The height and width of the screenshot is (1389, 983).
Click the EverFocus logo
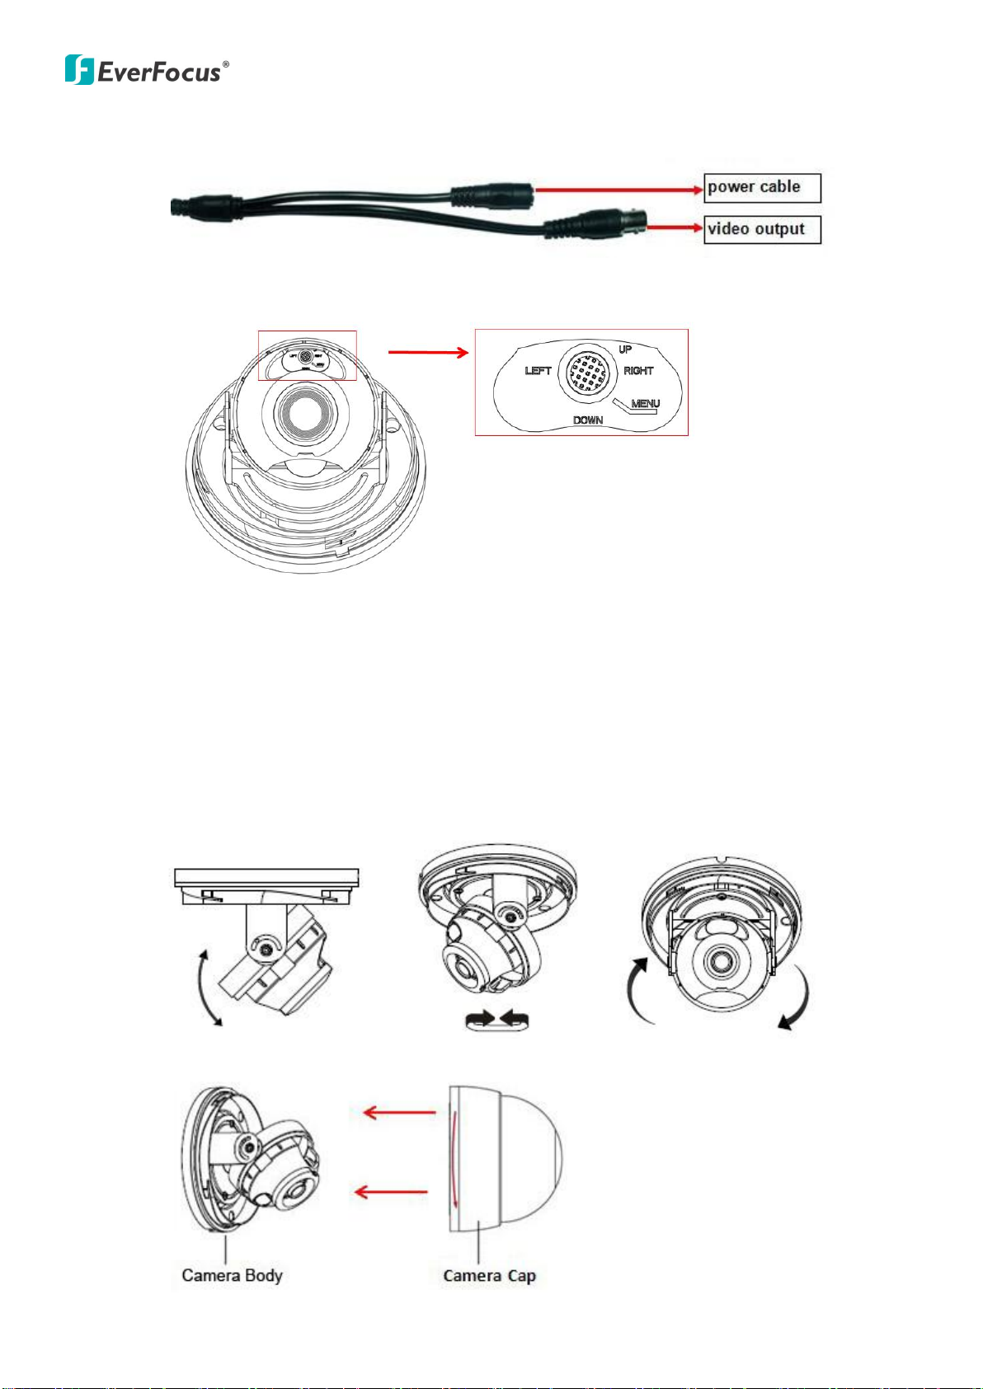[x=146, y=70]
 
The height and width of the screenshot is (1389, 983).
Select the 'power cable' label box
[x=762, y=188]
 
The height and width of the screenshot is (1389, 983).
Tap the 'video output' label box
[x=762, y=229]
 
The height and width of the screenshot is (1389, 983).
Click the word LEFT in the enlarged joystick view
[x=538, y=371]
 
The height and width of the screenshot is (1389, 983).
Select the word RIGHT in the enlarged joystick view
[x=638, y=371]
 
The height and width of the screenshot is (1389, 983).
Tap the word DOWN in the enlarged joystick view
[x=588, y=420]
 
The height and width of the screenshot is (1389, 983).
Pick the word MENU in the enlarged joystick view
[x=645, y=404]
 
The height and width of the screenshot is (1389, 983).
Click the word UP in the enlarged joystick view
[x=625, y=350]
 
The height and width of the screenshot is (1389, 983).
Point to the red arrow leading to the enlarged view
[x=427, y=353]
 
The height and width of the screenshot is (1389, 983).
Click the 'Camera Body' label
[x=232, y=1276]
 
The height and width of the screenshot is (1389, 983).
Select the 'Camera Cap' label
[x=489, y=1276]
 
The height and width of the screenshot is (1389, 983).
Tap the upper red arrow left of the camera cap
[x=399, y=1113]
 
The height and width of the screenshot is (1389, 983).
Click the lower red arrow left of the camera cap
[x=391, y=1191]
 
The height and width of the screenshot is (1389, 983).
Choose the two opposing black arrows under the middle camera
[x=497, y=1021]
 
